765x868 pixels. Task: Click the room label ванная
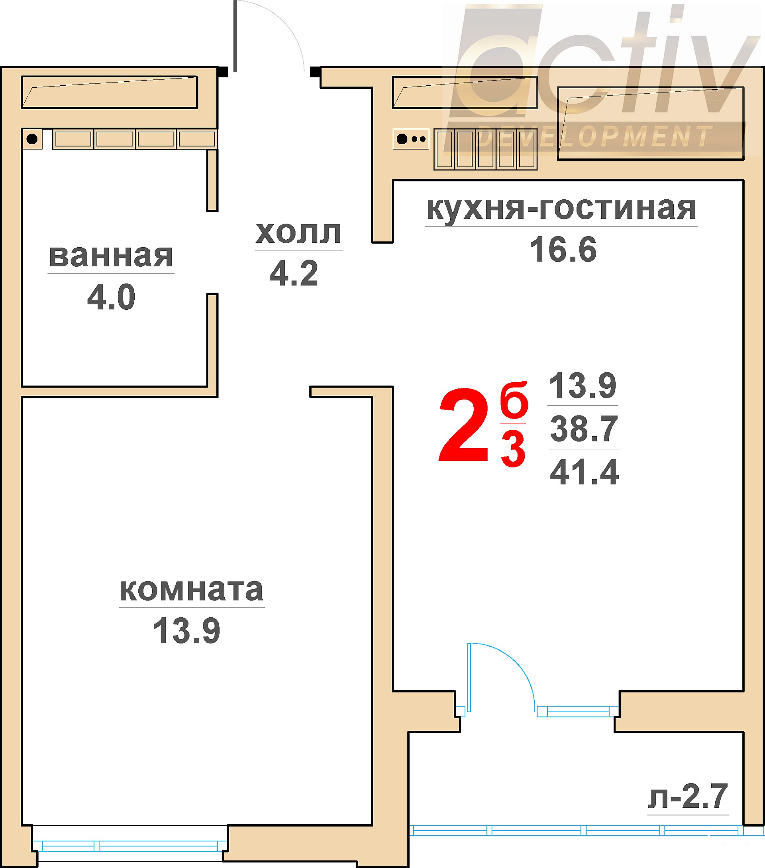111,256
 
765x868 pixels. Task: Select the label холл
298,233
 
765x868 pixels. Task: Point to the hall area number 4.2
294,273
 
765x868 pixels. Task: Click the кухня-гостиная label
561,209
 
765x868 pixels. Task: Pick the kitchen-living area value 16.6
563,249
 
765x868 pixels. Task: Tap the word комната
191,590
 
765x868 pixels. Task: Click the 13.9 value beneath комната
187,631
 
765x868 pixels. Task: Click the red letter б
514,399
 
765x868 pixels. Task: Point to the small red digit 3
513,449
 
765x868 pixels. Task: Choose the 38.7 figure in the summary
584,429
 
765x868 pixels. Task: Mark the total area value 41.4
584,472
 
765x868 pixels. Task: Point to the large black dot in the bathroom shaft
32,139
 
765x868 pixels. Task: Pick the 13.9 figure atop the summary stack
583,386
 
